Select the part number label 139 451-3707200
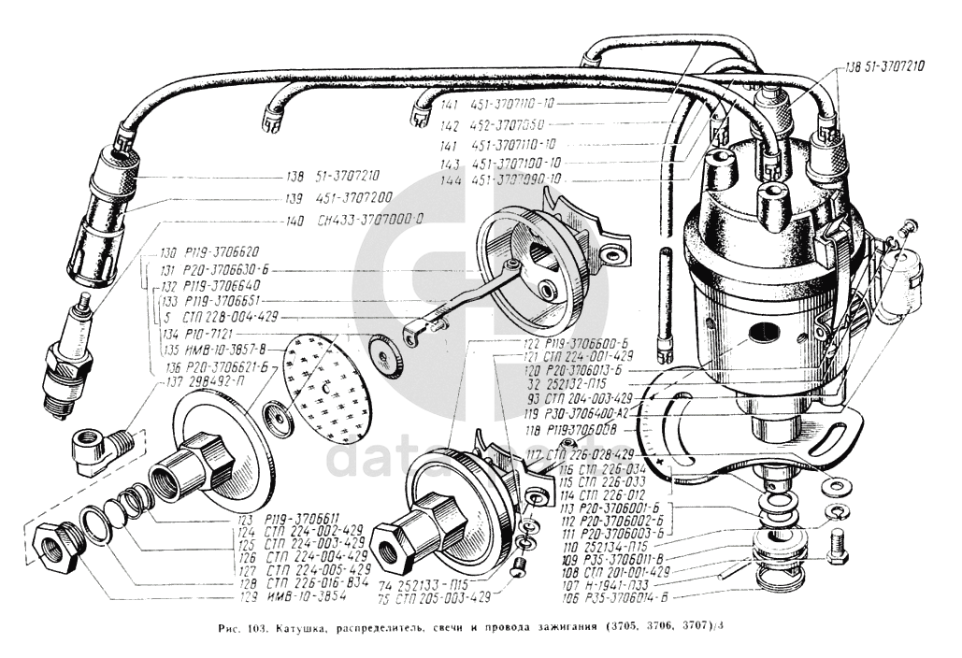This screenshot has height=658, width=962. (x=339, y=198)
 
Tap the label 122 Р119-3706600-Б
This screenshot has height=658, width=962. (x=575, y=342)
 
